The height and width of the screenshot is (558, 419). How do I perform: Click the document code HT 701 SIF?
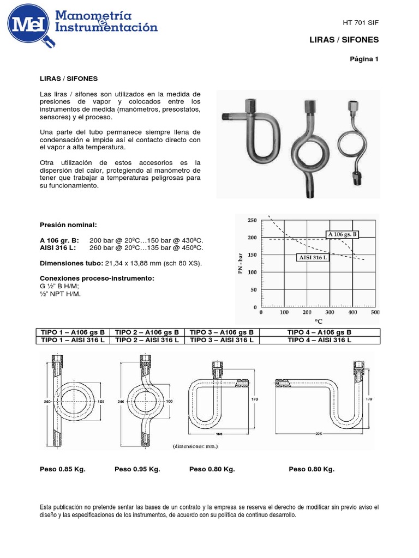[x=360, y=22]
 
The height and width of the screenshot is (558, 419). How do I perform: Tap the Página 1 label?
[x=364, y=59]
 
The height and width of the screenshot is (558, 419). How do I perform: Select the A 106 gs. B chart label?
[x=343, y=234]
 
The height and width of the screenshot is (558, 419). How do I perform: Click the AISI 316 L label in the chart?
[x=313, y=257]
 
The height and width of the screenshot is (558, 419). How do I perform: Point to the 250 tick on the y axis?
[x=252, y=220]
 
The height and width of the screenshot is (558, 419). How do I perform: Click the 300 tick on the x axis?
[x=330, y=313]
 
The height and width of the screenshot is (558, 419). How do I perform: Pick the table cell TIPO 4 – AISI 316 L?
[x=319, y=340]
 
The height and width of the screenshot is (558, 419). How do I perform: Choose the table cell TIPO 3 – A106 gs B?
[x=221, y=332]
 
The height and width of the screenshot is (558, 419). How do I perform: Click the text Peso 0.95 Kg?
[x=137, y=469]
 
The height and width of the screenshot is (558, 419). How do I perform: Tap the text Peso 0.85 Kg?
[x=63, y=469]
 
